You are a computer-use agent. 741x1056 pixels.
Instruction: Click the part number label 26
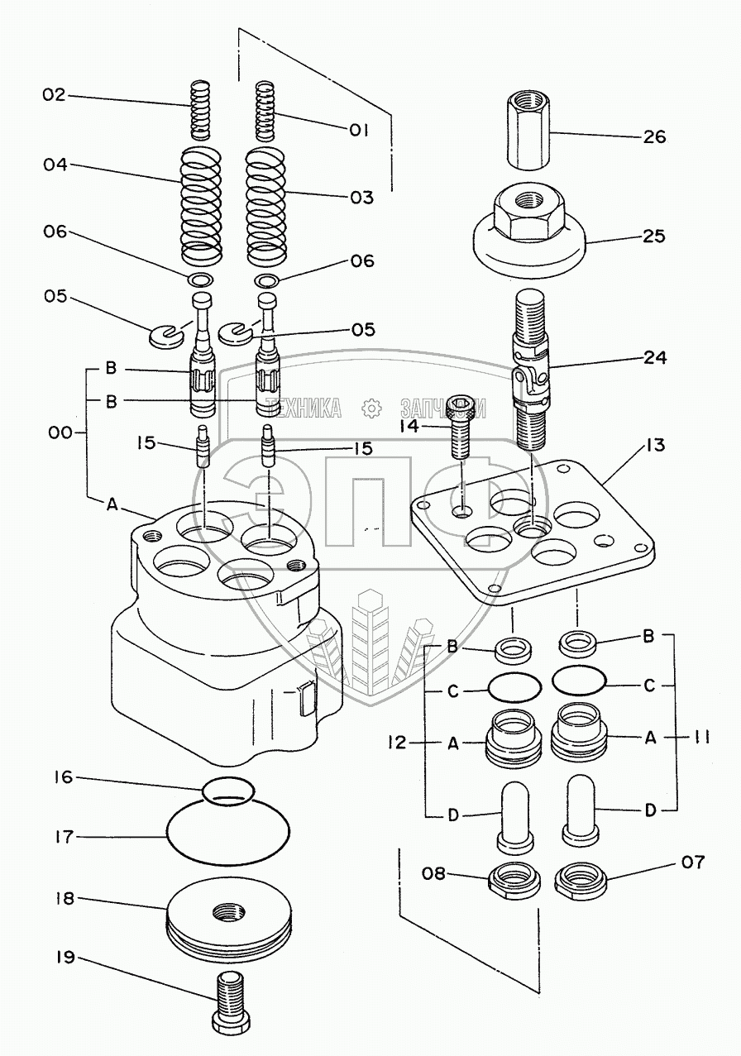click(x=653, y=136)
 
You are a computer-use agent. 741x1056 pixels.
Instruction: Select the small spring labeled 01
click(x=265, y=109)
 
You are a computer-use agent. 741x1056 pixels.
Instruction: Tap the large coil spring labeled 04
click(x=201, y=203)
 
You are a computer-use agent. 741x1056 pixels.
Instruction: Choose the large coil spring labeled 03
click(x=269, y=203)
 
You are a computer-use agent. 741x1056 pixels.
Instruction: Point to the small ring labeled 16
click(x=227, y=791)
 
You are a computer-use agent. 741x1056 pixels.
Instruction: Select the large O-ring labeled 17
click(x=229, y=835)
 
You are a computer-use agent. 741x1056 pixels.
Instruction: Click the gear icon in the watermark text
click(x=371, y=407)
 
